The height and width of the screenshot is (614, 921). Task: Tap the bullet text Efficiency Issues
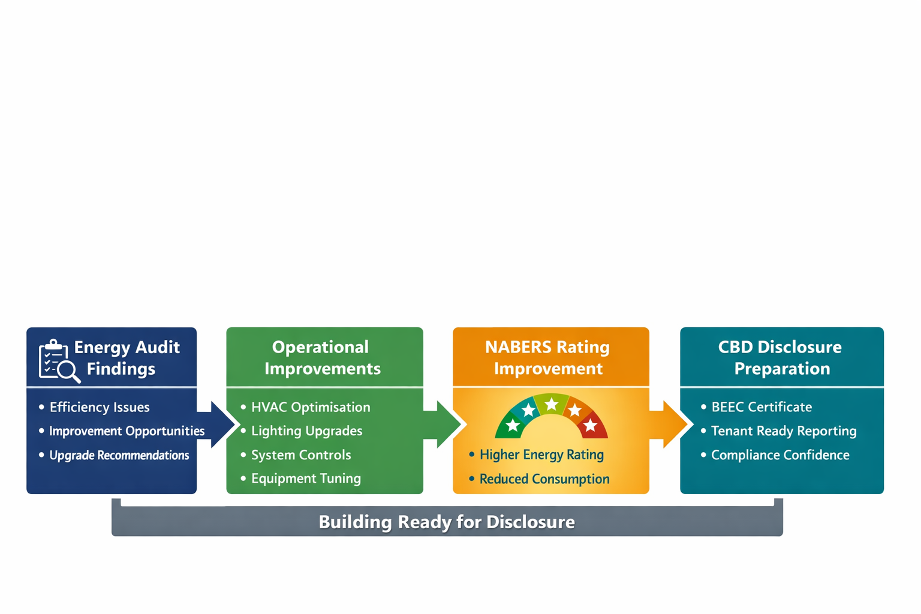(100, 407)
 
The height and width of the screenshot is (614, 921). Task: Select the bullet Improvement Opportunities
(127, 431)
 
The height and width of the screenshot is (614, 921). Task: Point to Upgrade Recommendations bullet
(119, 455)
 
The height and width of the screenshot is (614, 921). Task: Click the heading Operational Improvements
(322, 357)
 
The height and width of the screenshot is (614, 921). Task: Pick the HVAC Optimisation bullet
(310, 407)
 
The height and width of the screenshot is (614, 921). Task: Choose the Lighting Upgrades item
(306, 431)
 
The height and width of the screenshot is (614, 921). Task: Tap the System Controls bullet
(301, 455)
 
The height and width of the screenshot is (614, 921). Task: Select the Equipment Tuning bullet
(306, 478)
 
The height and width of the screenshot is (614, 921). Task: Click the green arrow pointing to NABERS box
(447, 425)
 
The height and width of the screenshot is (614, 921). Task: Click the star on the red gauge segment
(591, 425)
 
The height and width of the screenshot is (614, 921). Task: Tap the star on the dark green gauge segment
(513, 425)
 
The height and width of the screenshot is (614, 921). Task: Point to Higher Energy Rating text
(541, 455)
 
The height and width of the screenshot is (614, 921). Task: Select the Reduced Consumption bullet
(544, 479)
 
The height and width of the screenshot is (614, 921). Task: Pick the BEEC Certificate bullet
(762, 407)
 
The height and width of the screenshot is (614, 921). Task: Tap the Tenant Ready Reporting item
(784, 431)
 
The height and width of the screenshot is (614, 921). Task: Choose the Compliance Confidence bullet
(780, 455)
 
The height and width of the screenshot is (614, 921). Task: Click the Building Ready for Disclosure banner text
(447, 522)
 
